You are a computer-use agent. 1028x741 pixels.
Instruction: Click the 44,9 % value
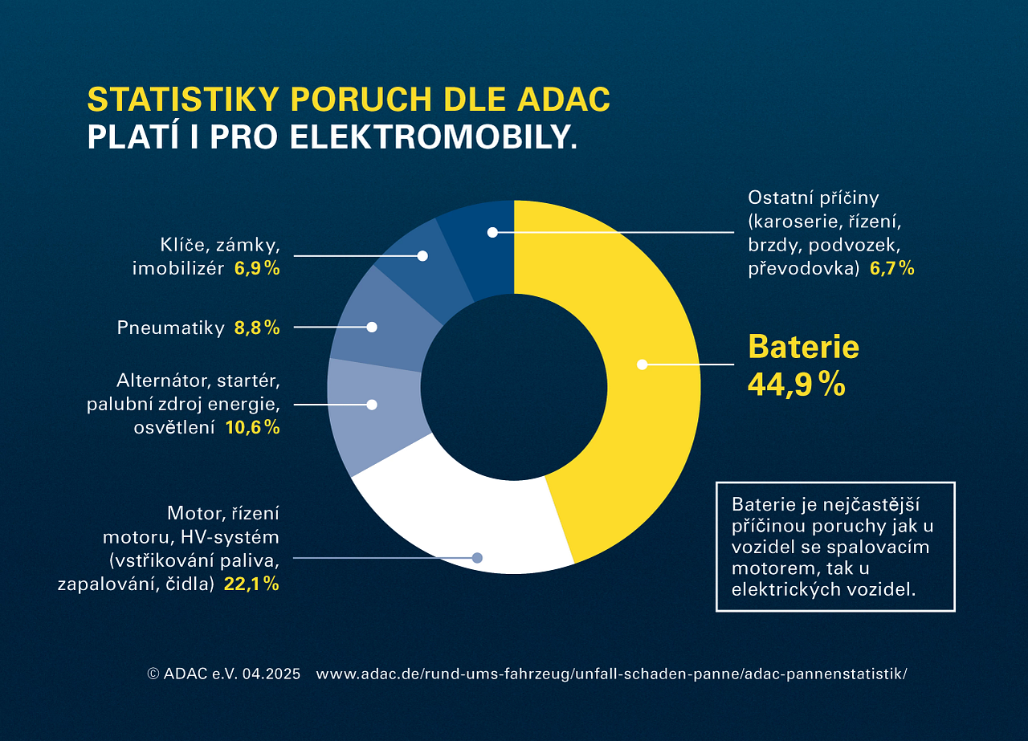click(796, 385)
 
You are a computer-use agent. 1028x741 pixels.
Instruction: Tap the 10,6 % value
click(252, 428)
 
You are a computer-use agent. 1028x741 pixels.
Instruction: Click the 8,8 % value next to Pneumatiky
click(256, 328)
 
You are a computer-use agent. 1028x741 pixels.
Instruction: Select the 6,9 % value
click(256, 268)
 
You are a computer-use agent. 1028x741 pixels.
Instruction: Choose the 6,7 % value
click(891, 268)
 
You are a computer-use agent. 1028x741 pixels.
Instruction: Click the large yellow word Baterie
click(803, 347)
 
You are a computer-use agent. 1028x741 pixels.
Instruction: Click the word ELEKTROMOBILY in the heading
click(433, 137)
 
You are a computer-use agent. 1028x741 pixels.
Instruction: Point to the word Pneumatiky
click(170, 328)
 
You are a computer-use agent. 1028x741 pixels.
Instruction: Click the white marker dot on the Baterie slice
click(642, 364)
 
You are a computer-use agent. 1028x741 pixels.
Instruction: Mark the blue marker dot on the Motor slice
click(477, 557)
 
